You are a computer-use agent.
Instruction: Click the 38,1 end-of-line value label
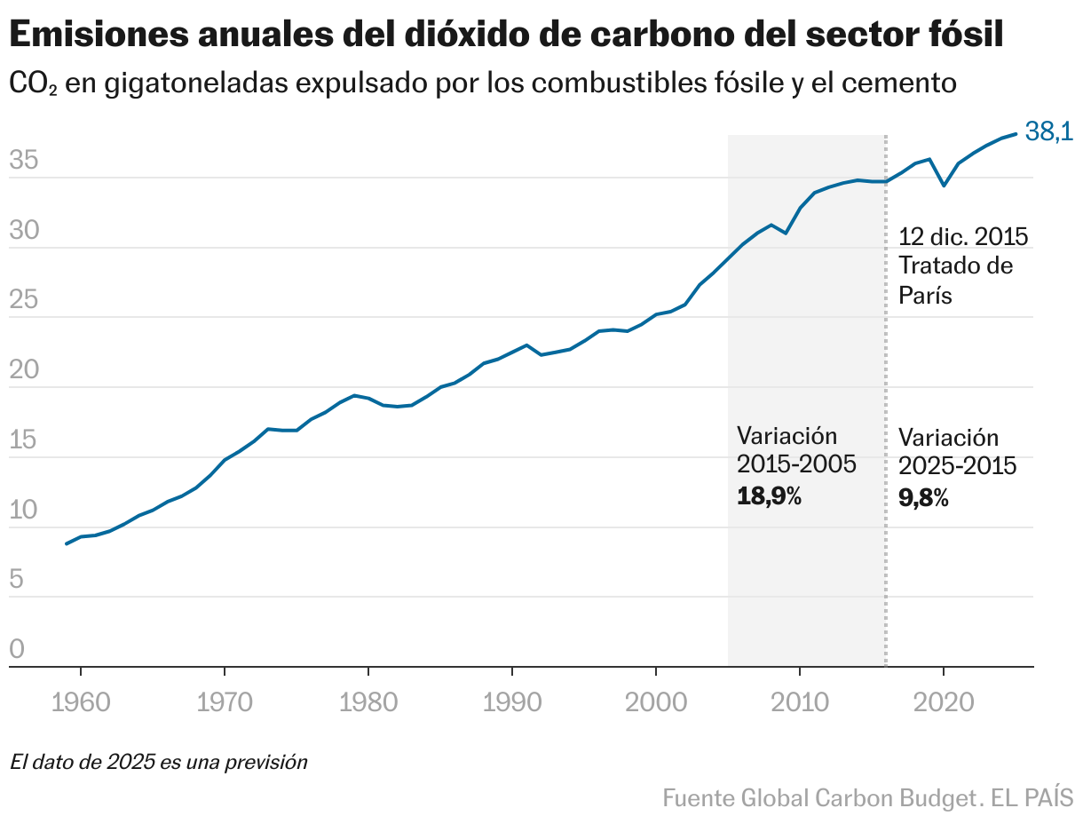tap(1048, 132)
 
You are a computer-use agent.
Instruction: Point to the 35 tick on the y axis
tap(24, 161)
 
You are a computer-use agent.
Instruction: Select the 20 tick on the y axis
tap(24, 370)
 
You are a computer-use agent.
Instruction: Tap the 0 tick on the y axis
tap(17, 650)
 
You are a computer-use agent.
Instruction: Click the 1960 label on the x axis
tap(81, 701)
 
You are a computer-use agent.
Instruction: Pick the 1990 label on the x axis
tap(512, 701)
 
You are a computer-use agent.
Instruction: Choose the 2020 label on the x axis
tap(944, 701)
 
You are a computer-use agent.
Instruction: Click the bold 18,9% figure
tap(769, 496)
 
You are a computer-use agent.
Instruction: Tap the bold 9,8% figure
tap(923, 498)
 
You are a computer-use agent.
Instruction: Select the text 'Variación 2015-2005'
tap(795, 450)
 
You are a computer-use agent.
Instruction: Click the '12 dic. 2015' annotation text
tap(962, 237)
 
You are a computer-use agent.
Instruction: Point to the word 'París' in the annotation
tap(925, 295)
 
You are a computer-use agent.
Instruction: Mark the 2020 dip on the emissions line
tap(944, 186)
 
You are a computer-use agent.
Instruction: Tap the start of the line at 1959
tap(67, 543)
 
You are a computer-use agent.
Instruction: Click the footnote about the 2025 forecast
tap(159, 762)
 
